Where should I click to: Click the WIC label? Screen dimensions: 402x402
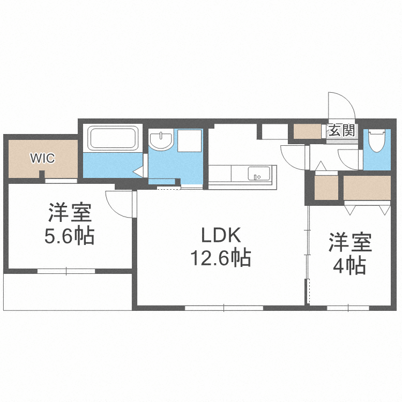42,158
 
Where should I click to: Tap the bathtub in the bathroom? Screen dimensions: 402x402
114,139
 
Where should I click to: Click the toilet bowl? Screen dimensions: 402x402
377,140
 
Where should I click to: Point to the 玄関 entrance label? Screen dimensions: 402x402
341,130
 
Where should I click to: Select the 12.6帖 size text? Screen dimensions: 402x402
220,259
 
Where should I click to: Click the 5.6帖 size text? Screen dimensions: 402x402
70,236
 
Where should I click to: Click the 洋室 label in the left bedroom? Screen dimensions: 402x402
70,213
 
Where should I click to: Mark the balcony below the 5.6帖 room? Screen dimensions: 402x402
68,292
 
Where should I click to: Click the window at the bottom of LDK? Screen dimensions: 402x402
224,308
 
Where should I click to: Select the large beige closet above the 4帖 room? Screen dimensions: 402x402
367,188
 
